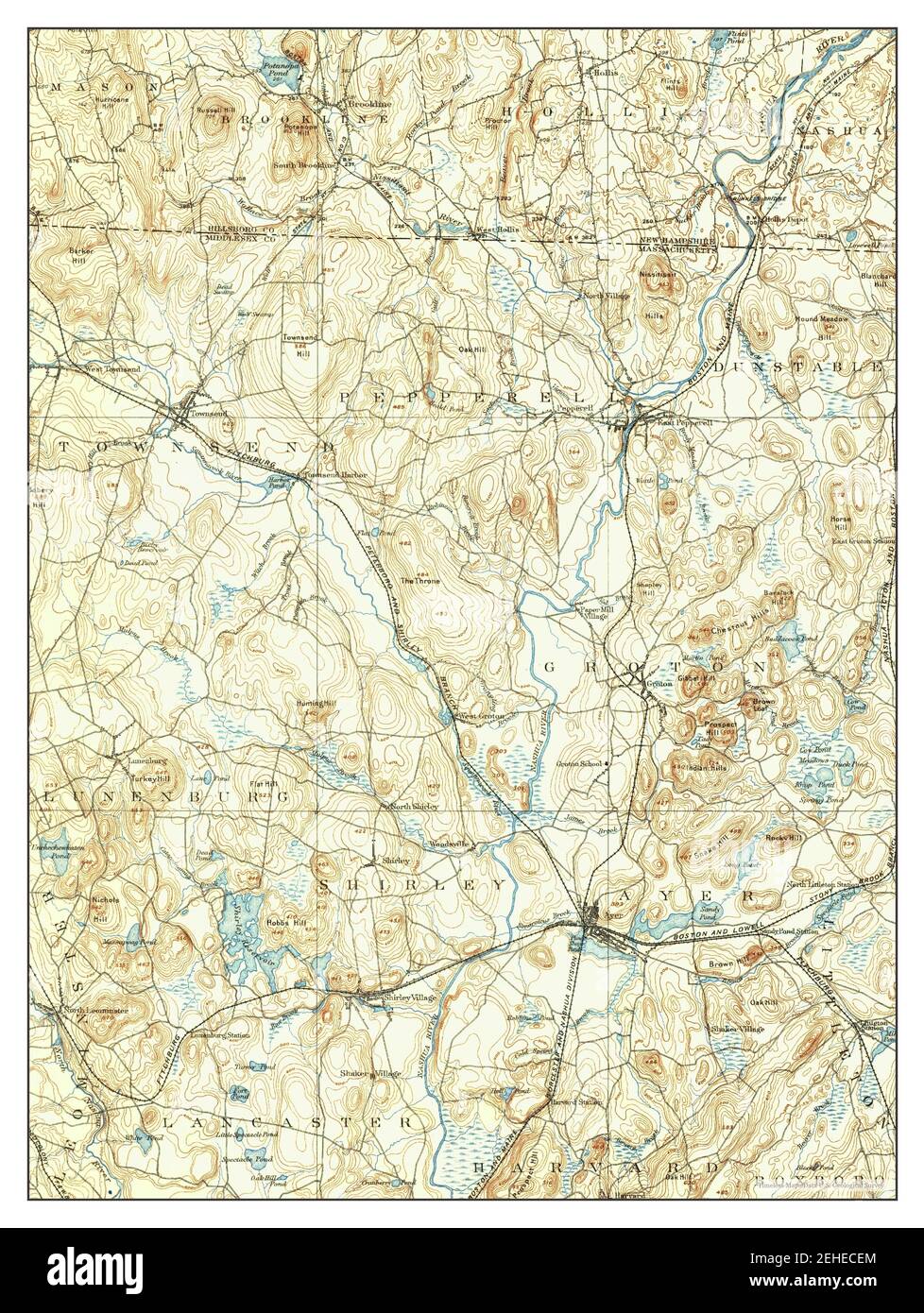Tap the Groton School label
click(x=578, y=762)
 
